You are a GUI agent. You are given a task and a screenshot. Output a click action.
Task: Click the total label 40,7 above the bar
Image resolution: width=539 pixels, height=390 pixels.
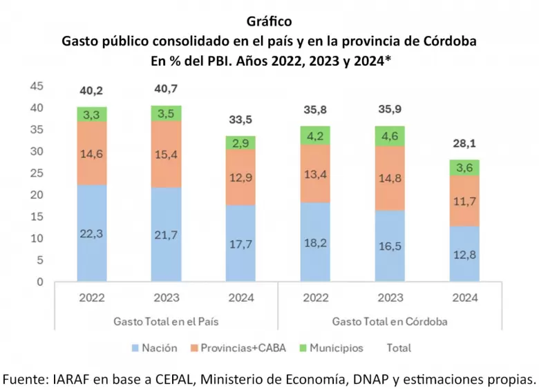(x=166, y=88)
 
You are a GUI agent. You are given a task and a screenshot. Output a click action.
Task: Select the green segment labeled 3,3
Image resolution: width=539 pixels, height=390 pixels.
(x=92, y=115)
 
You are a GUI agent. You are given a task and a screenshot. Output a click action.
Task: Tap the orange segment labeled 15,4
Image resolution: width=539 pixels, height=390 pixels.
(x=167, y=154)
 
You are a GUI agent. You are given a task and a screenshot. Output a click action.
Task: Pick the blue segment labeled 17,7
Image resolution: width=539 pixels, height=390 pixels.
(x=240, y=243)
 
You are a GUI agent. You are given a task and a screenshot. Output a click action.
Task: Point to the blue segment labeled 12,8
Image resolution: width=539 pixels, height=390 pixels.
(x=464, y=254)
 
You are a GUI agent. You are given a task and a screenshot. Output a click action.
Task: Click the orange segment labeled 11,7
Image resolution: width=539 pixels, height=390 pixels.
(x=464, y=201)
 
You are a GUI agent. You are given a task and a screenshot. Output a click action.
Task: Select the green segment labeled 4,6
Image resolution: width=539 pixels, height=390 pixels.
(x=390, y=136)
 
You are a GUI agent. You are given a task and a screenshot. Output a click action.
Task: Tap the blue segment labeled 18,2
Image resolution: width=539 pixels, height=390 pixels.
(x=315, y=242)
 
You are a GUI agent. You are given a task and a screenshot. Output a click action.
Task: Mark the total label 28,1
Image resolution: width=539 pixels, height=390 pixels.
(x=464, y=143)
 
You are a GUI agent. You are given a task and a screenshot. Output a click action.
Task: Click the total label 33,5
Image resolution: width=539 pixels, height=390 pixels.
(x=240, y=119)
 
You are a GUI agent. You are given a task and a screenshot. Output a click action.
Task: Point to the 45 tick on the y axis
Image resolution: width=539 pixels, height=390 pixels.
(x=37, y=86)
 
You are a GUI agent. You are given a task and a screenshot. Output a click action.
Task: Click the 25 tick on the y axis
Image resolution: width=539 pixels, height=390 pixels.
(x=37, y=173)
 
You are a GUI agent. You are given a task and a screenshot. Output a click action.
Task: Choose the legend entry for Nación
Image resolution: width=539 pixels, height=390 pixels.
(x=155, y=348)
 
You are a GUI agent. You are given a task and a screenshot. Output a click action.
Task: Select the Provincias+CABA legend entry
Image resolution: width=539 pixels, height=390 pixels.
(x=238, y=348)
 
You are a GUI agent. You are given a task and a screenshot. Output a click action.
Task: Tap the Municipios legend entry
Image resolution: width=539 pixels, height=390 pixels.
(x=332, y=348)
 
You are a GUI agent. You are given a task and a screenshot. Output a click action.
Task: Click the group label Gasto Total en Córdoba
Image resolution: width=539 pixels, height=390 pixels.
(x=390, y=322)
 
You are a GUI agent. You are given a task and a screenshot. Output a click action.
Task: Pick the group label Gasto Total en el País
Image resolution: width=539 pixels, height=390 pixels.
(x=166, y=322)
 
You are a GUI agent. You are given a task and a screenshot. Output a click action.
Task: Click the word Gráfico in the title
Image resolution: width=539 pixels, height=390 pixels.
(x=269, y=21)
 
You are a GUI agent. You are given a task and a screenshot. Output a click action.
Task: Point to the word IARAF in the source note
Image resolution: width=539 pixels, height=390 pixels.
(x=70, y=380)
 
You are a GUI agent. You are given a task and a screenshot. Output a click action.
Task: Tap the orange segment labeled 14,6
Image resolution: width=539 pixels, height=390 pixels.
(x=92, y=153)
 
